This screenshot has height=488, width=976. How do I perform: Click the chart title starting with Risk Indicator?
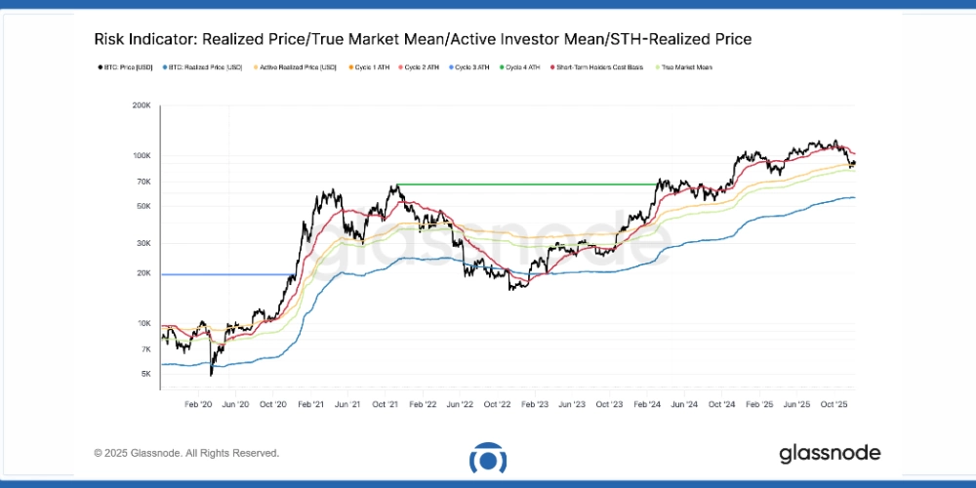pyautogui.click(x=423, y=39)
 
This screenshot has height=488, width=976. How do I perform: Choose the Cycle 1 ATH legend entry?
pyautogui.click(x=371, y=67)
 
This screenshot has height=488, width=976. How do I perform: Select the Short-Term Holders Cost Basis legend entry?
pyautogui.click(x=601, y=67)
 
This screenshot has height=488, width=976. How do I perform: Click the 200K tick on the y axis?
pyautogui.click(x=141, y=105)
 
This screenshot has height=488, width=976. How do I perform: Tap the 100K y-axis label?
pyautogui.click(x=141, y=156)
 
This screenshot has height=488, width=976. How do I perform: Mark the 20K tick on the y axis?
pyautogui.click(x=142, y=273)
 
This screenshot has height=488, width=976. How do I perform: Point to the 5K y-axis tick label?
pyautogui.click(x=144, y=374)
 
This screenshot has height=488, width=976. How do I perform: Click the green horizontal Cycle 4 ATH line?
pyautogui.click(x=527, y=184)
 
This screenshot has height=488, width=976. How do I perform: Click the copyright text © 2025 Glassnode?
pyautogui.click(x=186, y=453)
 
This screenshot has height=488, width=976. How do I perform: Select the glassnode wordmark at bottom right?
pyautogui.click(x=830, y=453)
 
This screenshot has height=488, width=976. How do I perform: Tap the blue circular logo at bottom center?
pyautogui.click(x=487, y=458)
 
